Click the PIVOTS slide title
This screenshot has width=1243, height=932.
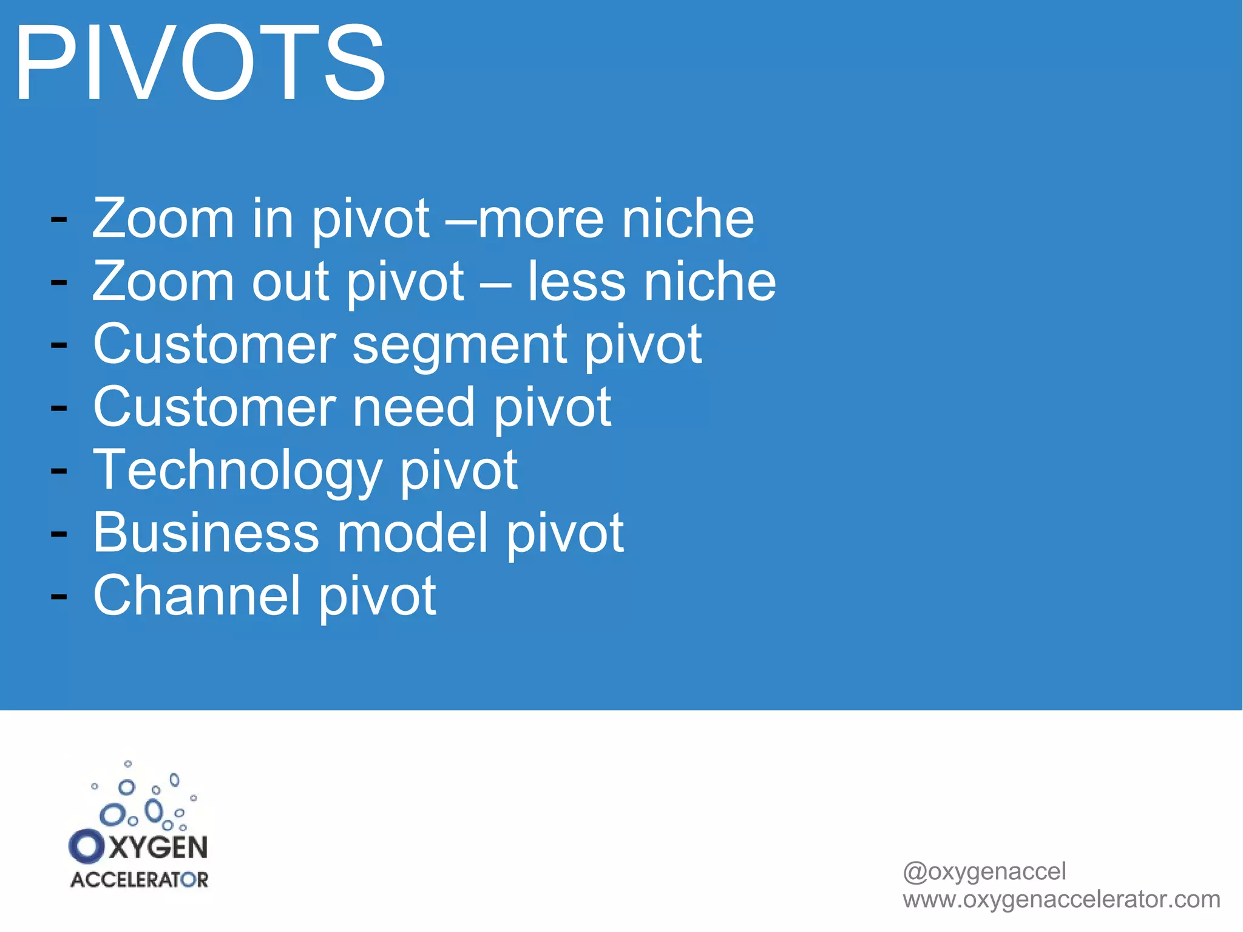coord(199,63)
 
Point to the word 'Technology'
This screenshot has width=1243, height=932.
coord(237,471)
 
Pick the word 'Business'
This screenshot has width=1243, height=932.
coord(206,533)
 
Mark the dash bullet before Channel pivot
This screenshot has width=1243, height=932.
coord(59,597)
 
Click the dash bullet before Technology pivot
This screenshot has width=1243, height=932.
coord(59,471)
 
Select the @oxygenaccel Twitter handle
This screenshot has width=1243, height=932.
coord(984,871)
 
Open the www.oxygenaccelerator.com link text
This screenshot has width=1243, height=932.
coord(1061,899)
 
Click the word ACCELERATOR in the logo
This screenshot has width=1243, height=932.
coord(139,880)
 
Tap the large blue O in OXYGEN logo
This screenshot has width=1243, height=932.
coord(87,846)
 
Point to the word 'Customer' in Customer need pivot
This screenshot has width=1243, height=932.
coord(214,408)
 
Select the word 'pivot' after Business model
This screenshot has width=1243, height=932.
coord(564,534)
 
